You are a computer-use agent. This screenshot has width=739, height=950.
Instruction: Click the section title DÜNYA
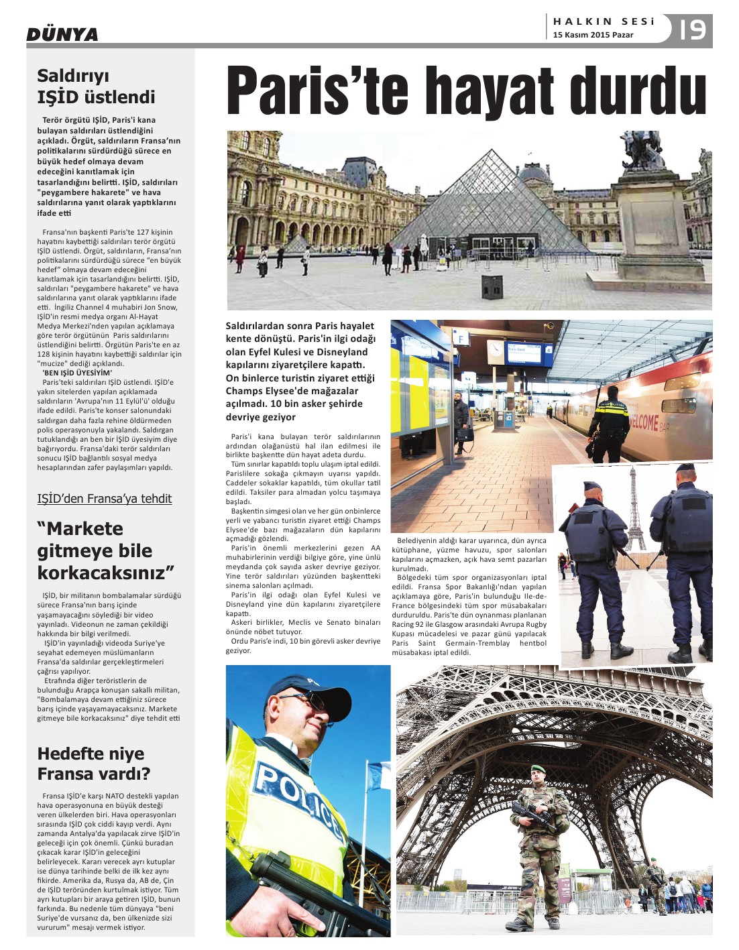coord(62,34)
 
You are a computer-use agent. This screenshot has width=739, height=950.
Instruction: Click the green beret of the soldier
coord(538,769)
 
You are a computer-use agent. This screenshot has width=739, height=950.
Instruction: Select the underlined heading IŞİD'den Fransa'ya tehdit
coord(105,499)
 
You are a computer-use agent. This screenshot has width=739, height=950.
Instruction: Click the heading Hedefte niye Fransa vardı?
coord(93,763)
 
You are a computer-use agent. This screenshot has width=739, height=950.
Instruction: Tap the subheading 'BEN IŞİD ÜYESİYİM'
coord(77,373)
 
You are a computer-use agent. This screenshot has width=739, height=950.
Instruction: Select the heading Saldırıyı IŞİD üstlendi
coord(96,86)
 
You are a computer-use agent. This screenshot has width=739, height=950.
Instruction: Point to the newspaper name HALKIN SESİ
coord(604,21)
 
